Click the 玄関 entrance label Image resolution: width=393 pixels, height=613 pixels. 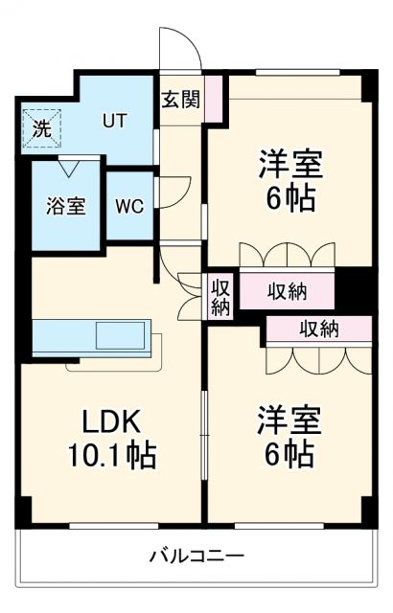pyautogui.click(x=180, y=99)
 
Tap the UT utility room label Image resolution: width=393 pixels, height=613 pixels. pyautogui.click(x=115, y=121)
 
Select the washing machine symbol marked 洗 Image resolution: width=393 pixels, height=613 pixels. pyautogui.click(x=41, y=129)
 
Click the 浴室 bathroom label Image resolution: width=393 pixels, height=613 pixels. pyautogui.click(x=66, y=205)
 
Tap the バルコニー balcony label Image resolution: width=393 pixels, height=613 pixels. pyautogui.click(x=196, y=556)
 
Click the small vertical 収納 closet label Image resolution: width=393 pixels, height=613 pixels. pyautogui.click(x=220, y=297)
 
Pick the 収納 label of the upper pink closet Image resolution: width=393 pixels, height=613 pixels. pyautogui.click(x=287, y=290)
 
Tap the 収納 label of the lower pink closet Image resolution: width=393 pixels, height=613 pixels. pyautogui.click(x=318, y=329)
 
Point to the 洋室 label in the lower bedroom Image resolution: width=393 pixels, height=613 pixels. pyautogui.click(x=288, y=420)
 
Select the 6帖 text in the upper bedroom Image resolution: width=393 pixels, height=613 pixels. pyautogui.click(x=289, y=197)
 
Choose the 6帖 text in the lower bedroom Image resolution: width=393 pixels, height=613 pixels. pyautogui.click(x=288, y=453)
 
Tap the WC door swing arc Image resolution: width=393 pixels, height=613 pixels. pyautogui.click(x=175, y=192)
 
